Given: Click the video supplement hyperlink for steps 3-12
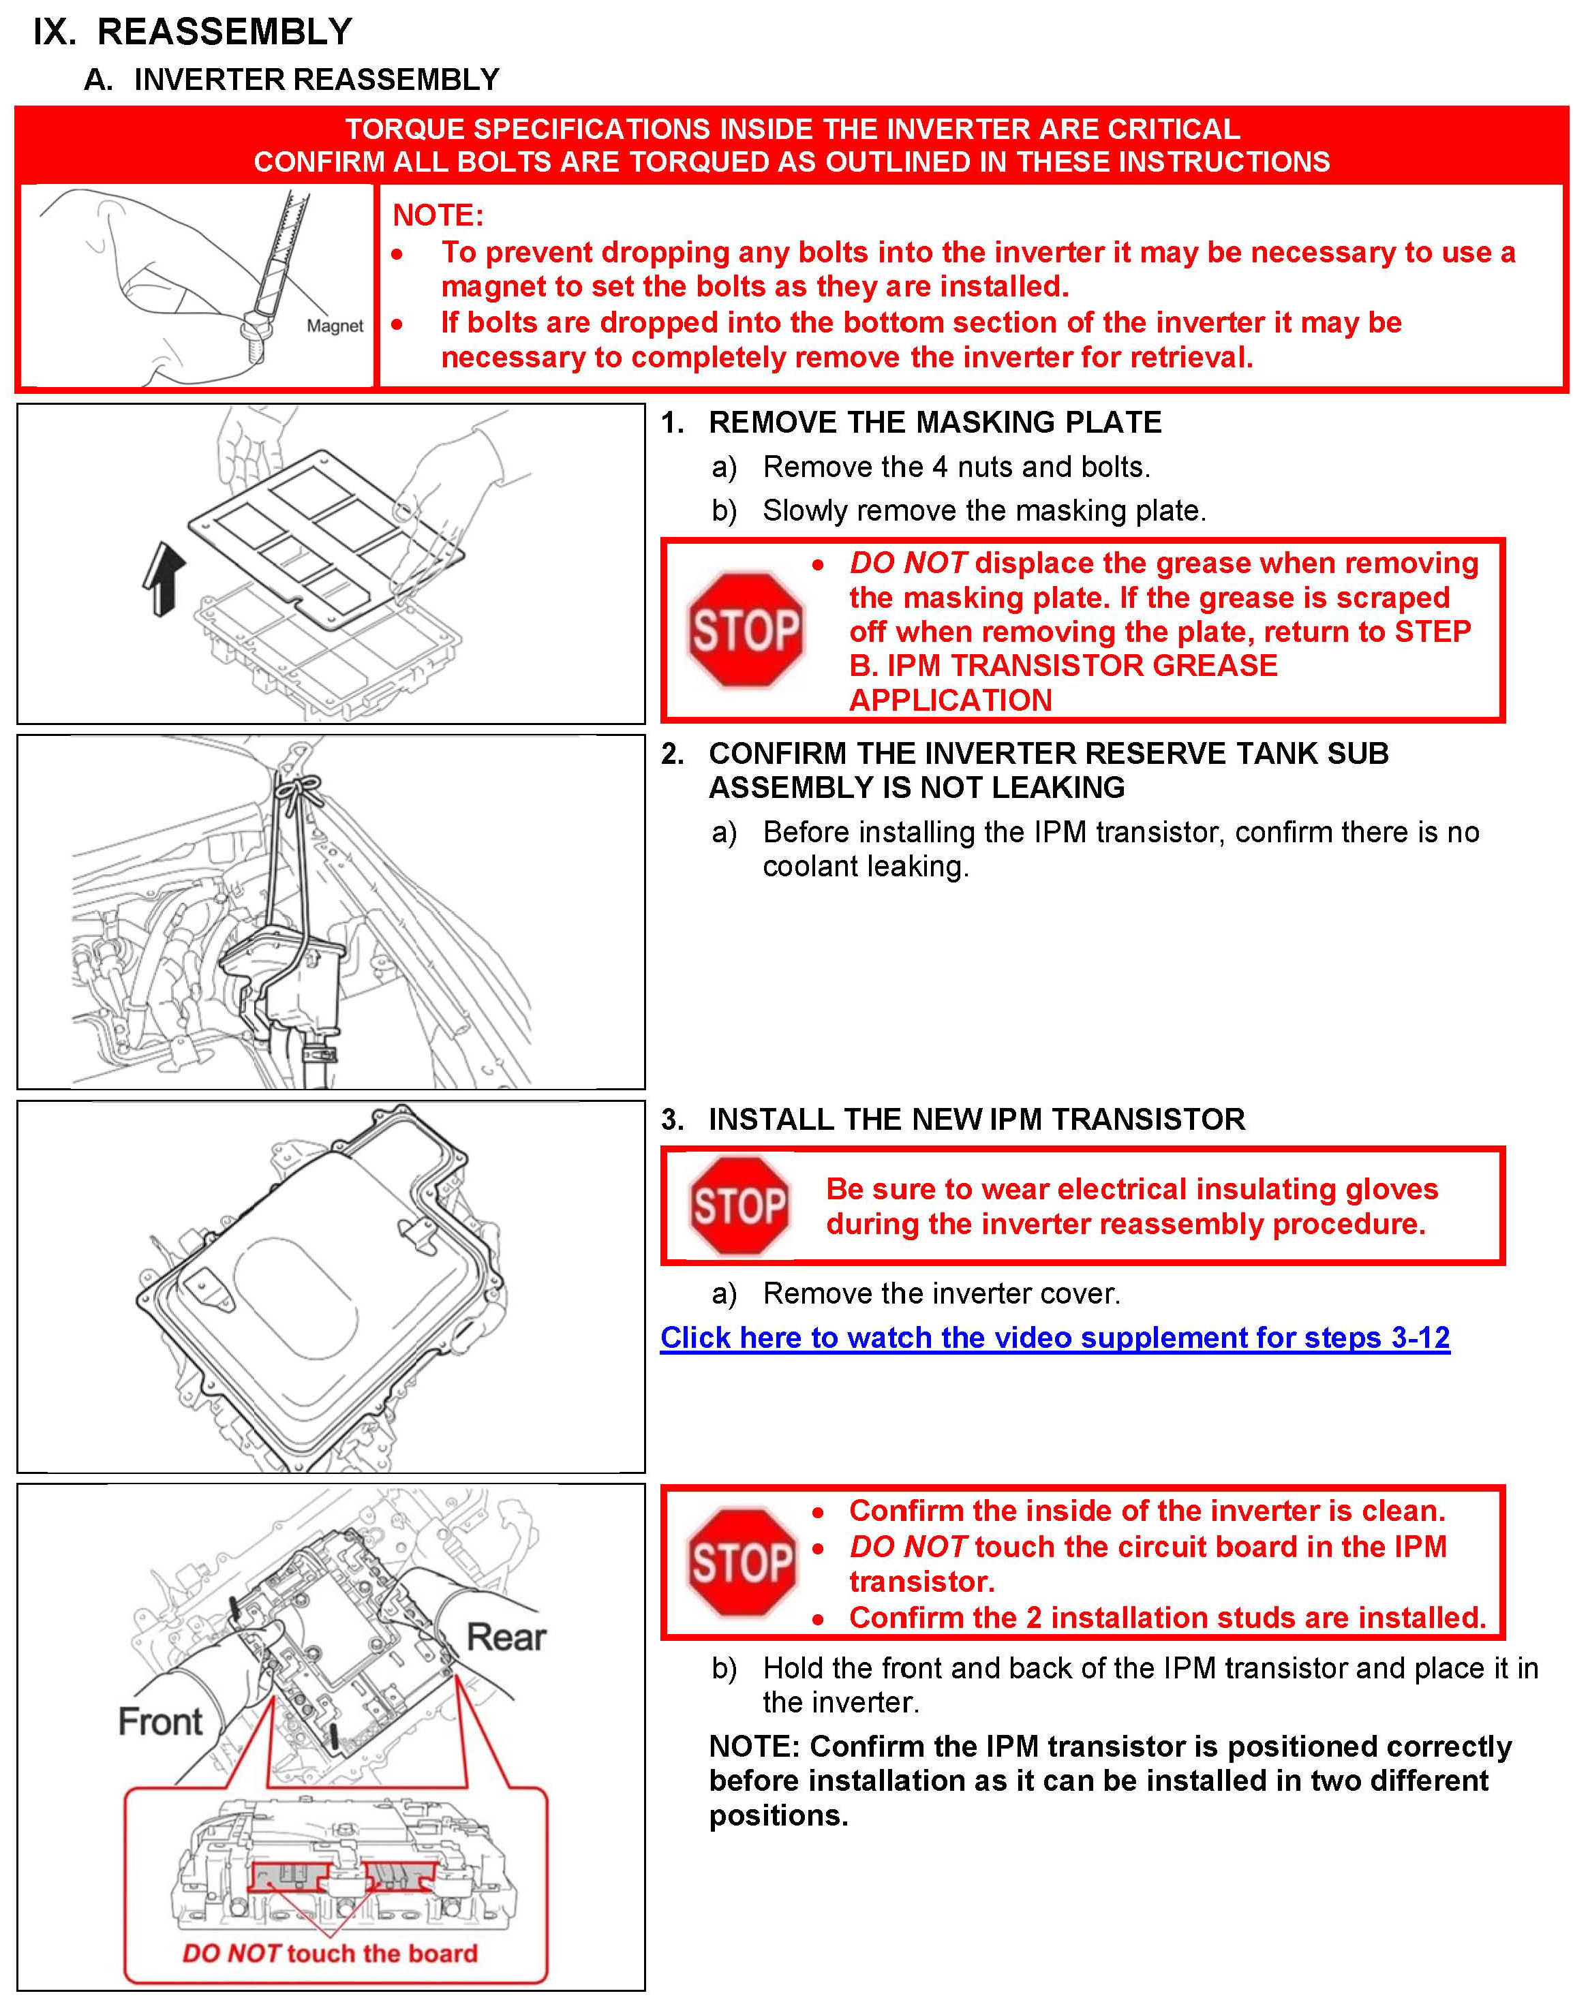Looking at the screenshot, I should [1054, 1337].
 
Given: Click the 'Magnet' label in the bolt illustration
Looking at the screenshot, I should [335, 326].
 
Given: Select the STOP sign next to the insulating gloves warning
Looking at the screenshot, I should [739, 1205].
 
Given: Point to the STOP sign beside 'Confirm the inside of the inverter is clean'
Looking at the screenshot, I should [742, 1563].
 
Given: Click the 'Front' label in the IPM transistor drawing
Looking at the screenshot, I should [160, 1721].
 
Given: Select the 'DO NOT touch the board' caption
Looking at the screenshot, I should [331, 1953].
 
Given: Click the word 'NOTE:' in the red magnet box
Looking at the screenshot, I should [438, 215].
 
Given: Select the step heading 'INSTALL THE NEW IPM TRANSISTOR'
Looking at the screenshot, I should [976, 1120].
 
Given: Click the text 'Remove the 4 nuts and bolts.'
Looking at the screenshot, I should [956, 467].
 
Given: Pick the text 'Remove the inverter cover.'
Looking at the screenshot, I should [941, 1294].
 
